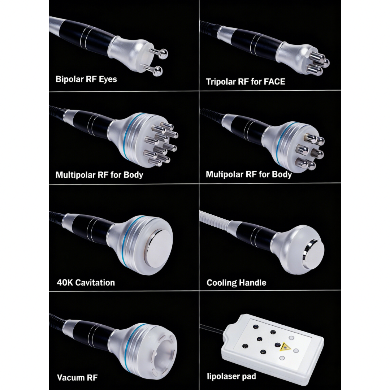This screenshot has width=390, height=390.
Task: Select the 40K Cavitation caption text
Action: tap(86, 282)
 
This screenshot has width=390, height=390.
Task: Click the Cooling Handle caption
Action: tap(236, 283)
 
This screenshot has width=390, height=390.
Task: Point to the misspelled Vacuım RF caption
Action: tap(77, 378)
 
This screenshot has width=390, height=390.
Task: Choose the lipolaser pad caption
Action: tap(231, 376)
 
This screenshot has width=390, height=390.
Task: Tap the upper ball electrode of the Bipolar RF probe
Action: tap(164, 53)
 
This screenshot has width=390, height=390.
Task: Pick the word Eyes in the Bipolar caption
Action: tap(108, 79)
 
